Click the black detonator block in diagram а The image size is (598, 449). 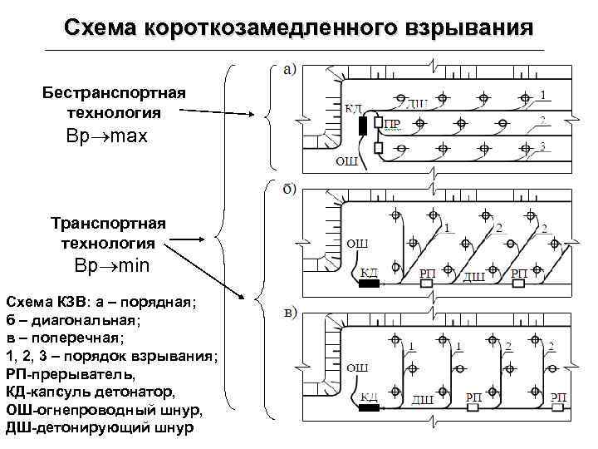(364, 126)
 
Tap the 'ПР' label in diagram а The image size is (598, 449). (393, 126)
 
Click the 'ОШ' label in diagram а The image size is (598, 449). (346, 161)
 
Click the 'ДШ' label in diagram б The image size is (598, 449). (473, 276)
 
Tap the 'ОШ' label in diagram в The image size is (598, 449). (356, 368)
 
